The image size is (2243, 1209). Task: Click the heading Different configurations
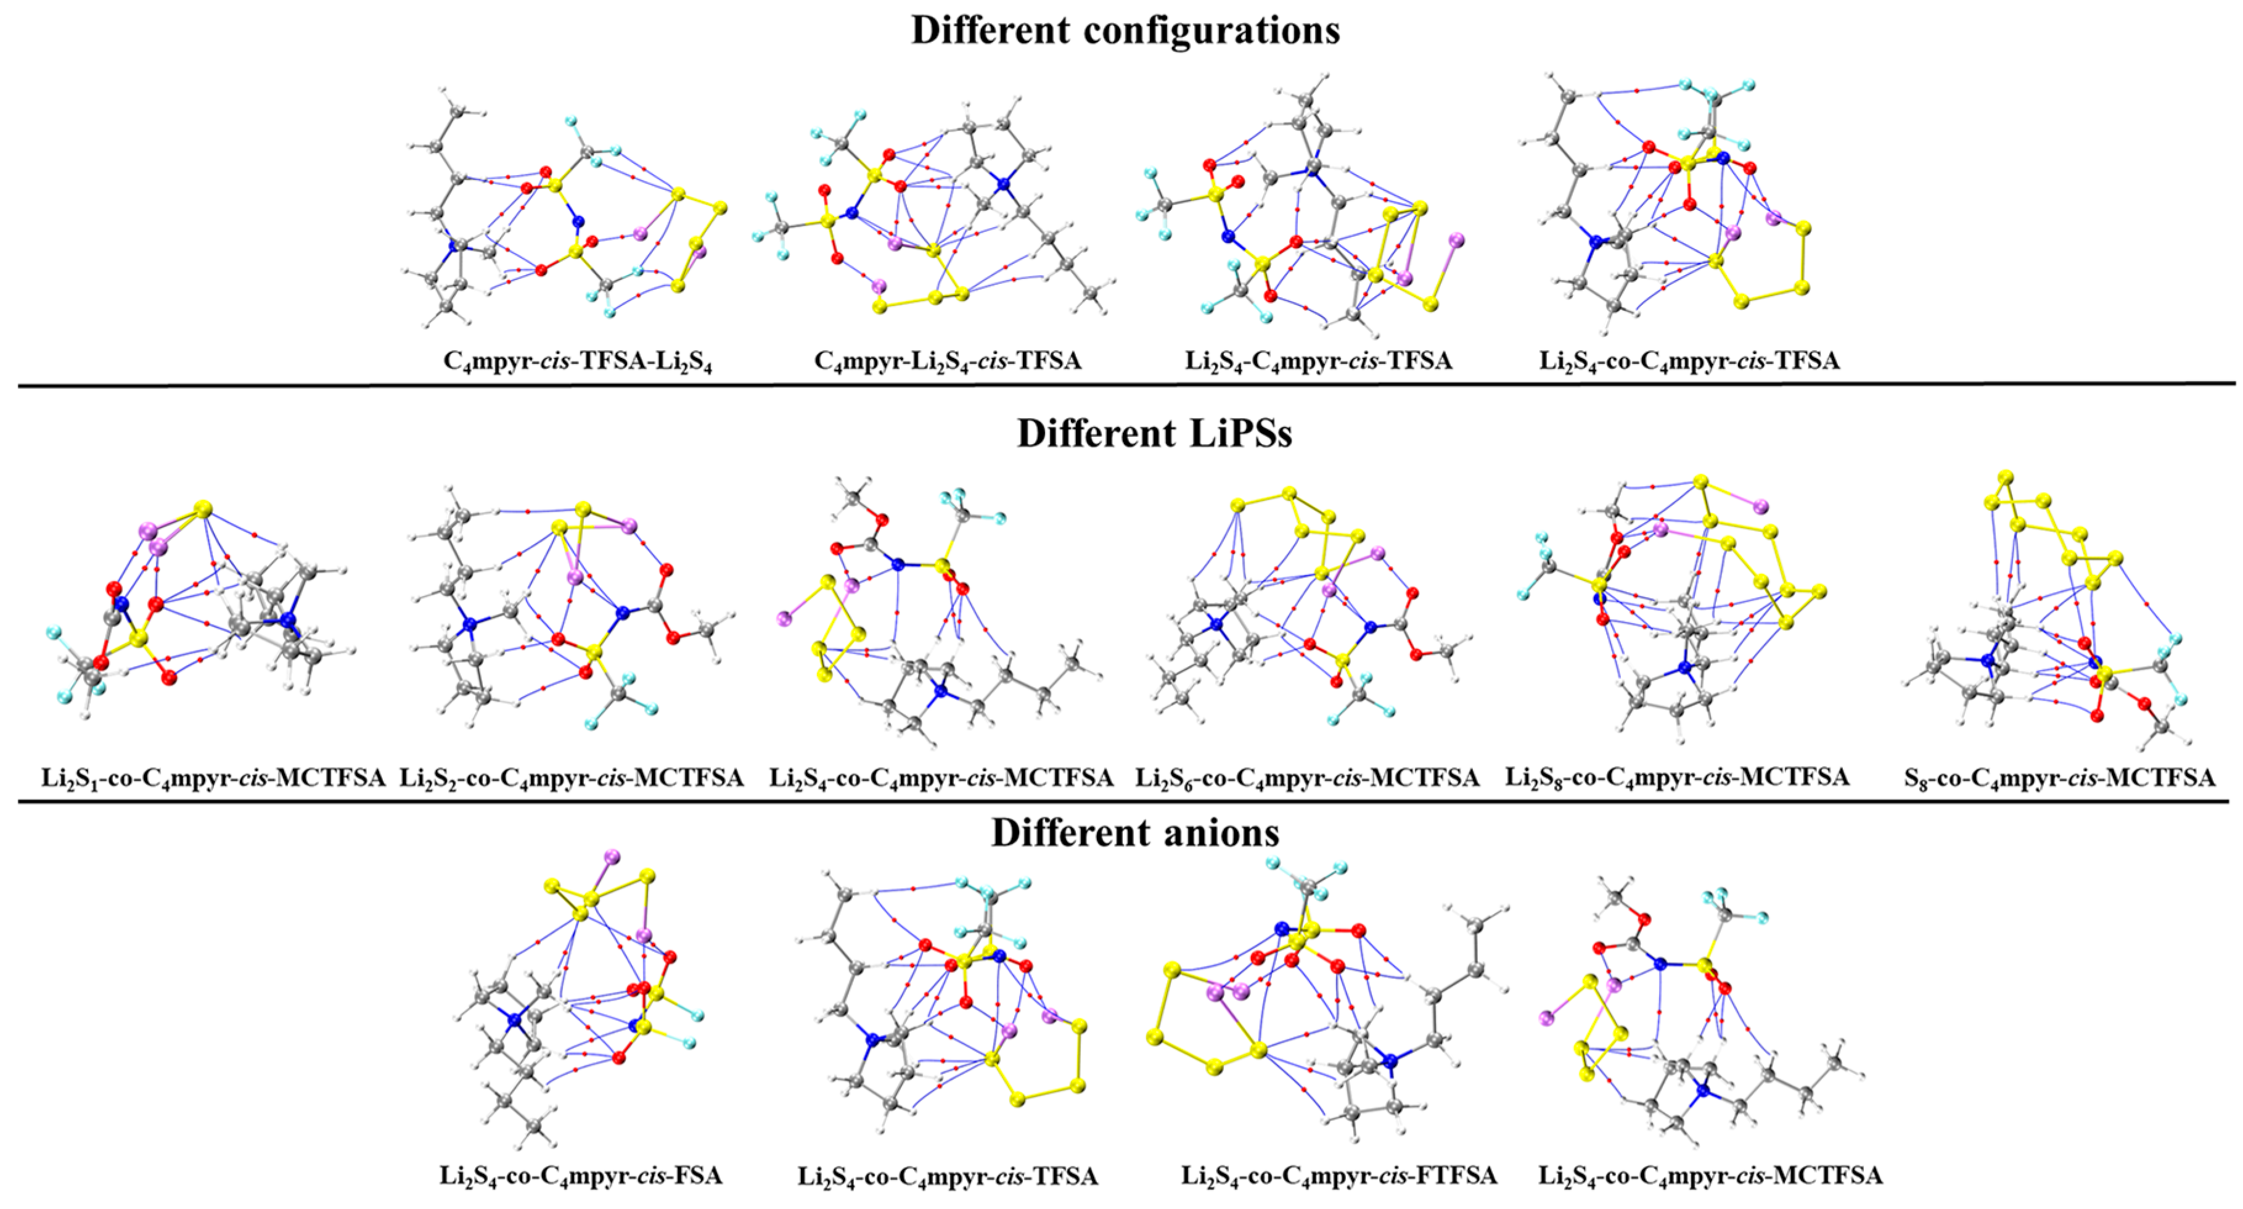1125,30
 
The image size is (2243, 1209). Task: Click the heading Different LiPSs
1155,433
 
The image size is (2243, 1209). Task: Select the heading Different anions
1136,833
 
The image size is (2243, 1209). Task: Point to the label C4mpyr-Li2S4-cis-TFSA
948,361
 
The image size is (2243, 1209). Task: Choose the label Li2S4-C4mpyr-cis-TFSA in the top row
1318,361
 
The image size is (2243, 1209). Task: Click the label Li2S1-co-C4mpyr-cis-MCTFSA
213,778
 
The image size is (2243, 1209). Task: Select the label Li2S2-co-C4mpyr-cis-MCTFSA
571,778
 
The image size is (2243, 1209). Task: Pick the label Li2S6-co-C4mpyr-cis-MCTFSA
1307,778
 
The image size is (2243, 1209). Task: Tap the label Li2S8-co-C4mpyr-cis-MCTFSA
1677,778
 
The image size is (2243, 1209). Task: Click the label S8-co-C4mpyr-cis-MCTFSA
2059,778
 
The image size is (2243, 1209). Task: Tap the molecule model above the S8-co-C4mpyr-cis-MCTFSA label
2046,609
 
